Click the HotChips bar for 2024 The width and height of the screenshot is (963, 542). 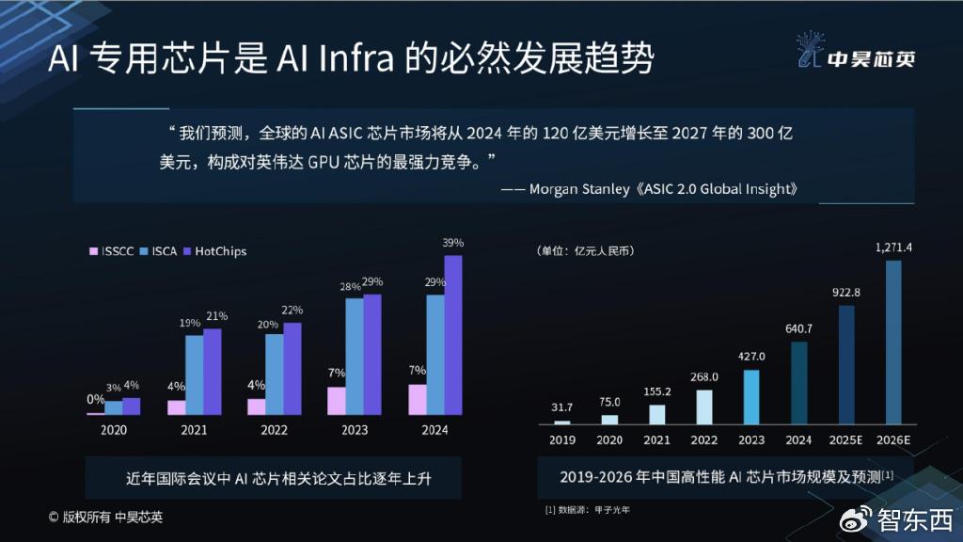pyautogui.click(x=453, y=334)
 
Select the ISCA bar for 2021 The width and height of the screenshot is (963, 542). pyautogui.click(x=194, y=375)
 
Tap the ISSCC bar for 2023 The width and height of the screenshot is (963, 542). pyautogui.click(x=336, y=400)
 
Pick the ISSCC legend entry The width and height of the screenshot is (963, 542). pyautogui.click(x=112, y=251)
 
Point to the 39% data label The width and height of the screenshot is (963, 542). pyautogui.click(x=452, y=243)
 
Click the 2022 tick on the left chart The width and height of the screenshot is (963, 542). pyautogui.click(x=275, y=430)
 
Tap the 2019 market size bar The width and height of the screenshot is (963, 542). pyautogui.click(x=562, y=422)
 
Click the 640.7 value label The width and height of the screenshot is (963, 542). pyautogui.click(x=798, y=328)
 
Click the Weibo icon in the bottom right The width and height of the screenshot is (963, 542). pyautogui.click(x=858, y=519)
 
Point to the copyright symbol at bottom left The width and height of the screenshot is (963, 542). pyautogui.click(x=54, y=517)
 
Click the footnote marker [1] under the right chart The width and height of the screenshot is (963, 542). pyautogui.click(x=550, y=509)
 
